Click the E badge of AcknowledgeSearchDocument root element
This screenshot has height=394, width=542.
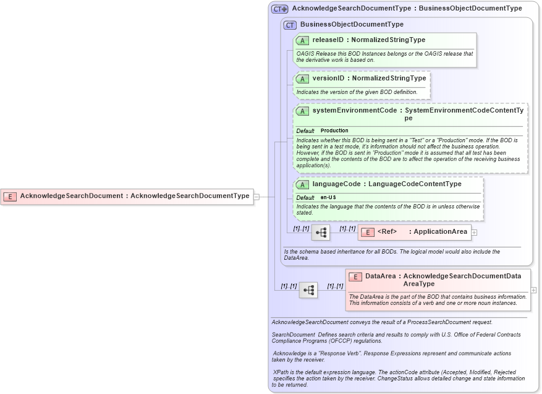[10, 196]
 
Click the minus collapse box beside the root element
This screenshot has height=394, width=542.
[256, 197]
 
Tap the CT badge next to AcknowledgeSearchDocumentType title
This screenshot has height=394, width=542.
[280, 9]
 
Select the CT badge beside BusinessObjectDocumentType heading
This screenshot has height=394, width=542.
[290, 25]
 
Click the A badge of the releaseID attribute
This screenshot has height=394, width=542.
[302, 40]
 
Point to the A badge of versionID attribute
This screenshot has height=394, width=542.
[302, 79]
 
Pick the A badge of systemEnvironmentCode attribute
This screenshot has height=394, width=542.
[302, 111]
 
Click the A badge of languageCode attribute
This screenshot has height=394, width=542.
[302, 184]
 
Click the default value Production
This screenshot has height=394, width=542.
[334, 131]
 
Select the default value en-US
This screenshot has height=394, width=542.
[328, 197]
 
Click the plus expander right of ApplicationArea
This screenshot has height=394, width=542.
[475, 233]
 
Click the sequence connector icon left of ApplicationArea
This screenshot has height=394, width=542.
[321, 233]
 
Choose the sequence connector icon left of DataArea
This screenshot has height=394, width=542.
[308, 289]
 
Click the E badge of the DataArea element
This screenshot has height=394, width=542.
[355, 277]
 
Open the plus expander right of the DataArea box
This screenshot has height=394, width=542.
[533, 289]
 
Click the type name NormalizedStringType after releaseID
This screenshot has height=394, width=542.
[388, 40]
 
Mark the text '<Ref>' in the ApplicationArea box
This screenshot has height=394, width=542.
[387, 232]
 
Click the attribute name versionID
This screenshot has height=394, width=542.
[328, 79]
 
